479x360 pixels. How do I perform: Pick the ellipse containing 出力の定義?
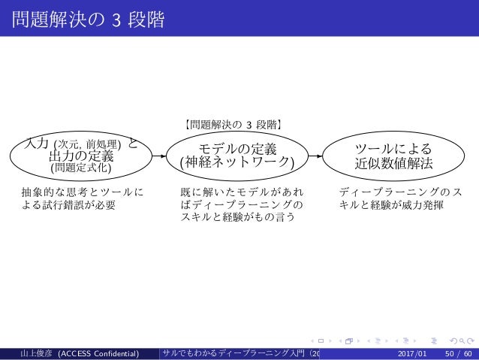[81, 155]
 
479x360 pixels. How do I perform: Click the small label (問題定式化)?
[81, 168]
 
